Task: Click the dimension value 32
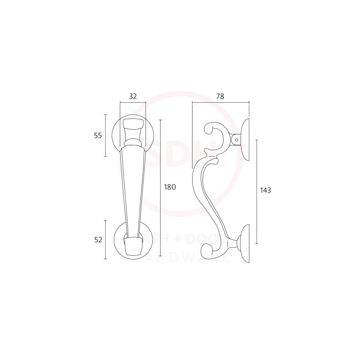133,96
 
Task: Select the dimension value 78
220,96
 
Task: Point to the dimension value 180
170,187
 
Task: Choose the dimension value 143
265,190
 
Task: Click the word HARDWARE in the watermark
184,258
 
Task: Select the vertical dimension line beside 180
161,189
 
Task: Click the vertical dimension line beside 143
256,191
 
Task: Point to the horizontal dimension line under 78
220,103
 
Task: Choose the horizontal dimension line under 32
133,103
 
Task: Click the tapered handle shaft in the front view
133,189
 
